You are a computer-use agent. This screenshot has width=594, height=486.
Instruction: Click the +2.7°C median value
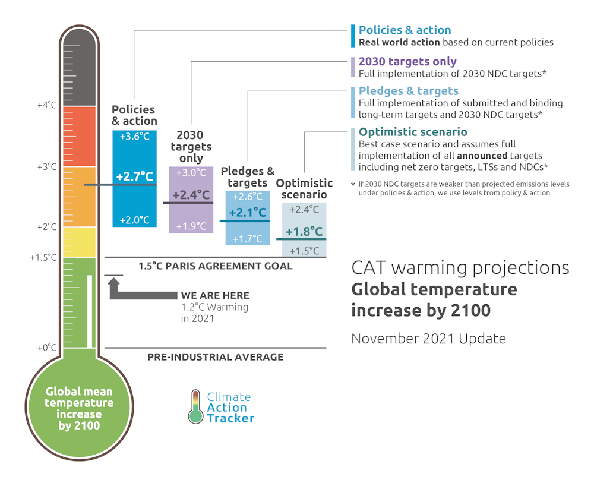point(134,177)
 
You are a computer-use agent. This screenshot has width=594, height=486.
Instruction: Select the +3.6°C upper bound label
point(134,136)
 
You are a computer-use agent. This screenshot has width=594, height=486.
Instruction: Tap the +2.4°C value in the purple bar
point(191,195)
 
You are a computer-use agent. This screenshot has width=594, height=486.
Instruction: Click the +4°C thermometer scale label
point(46,105)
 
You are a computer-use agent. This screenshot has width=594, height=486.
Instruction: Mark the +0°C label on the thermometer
point(46,348)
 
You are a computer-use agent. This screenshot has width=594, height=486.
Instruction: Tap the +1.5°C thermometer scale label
point(43,257)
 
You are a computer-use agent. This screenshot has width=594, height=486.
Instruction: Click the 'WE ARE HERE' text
point(215,295)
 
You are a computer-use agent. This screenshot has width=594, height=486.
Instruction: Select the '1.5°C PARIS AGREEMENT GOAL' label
point(215,266)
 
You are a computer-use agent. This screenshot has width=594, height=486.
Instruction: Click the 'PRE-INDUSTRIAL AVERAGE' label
point(215,357)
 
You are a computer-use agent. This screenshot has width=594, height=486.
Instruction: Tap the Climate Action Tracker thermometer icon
point(195,407)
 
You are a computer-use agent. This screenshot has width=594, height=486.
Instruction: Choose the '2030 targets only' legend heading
point(407,61)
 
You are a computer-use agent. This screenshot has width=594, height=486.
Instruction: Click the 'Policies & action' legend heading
point(405,30)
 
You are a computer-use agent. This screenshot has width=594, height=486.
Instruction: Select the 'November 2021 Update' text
point(428,339)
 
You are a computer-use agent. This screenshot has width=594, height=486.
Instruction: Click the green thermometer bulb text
point(80,408)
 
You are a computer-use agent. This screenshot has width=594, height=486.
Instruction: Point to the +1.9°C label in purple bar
point(191,226)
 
